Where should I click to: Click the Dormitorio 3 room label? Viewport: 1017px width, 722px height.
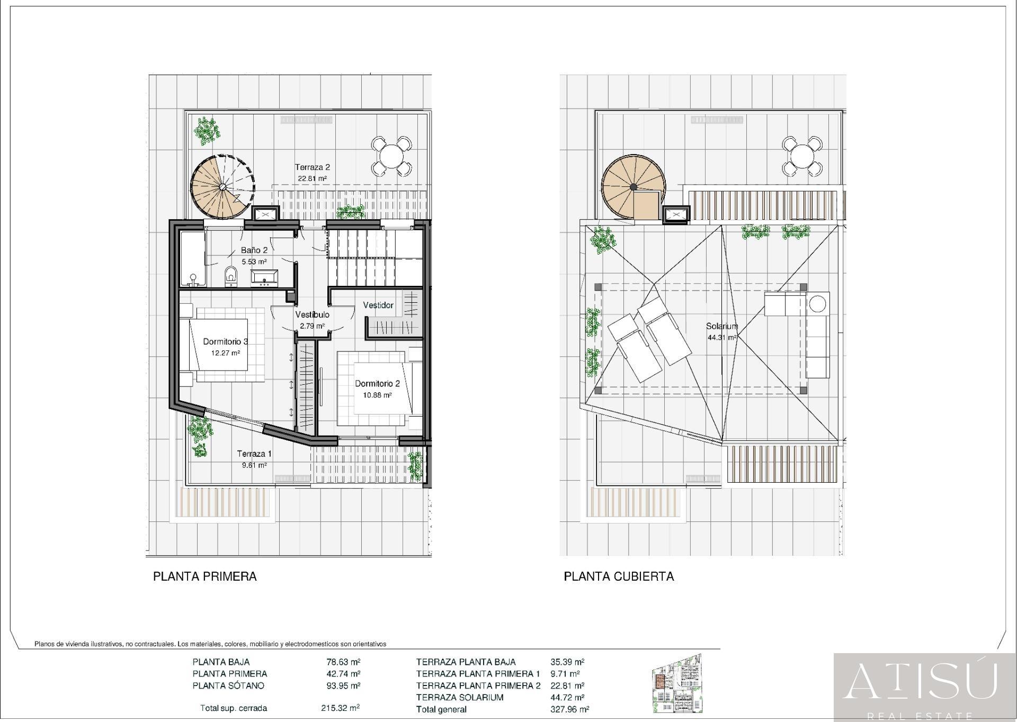[226, 341]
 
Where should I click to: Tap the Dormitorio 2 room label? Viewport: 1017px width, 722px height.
[377, 384]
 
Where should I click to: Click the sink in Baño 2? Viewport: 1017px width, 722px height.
[264, 277]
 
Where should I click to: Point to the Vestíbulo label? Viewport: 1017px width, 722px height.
[312, 315]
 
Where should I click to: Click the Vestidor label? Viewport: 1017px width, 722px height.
[378, 305]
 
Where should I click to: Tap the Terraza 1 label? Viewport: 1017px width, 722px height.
[254, 454]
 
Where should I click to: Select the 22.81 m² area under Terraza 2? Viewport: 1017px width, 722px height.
[312, 178]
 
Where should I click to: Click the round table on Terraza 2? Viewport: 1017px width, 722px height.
[391, 157]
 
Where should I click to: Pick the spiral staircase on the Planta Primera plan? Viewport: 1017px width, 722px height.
[222, 186]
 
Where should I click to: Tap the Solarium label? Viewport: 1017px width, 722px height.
[721, 327]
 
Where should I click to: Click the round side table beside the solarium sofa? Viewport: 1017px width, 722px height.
[817, 304]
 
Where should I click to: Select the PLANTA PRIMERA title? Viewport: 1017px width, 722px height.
[205, 576]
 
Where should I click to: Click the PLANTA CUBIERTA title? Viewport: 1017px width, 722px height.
[619, 576]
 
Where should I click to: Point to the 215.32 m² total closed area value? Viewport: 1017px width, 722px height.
[340, 708]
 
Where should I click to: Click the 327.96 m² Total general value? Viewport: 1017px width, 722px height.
[570, 709]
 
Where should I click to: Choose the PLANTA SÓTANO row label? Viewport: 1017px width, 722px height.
[228, 685]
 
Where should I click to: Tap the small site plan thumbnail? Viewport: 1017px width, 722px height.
[678, 684]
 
